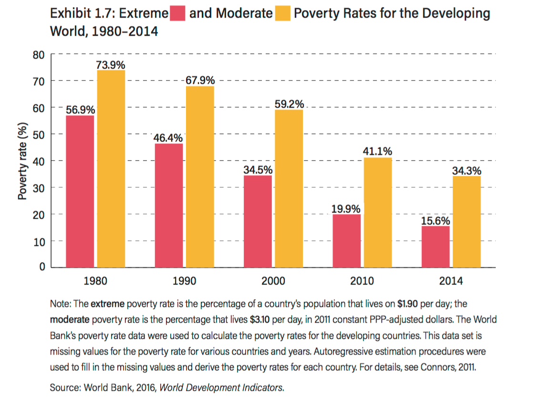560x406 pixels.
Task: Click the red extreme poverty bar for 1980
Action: pos(80,191)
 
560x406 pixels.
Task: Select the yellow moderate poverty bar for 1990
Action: pos(200,177)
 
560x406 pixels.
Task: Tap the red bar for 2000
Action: pos(258,221)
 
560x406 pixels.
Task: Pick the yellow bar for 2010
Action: pos(378,213)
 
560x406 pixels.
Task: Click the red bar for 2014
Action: pos(436,246)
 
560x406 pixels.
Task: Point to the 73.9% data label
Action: pos(111,64)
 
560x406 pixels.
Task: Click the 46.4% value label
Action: pos(168,138)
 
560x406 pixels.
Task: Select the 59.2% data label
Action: pos(289,104)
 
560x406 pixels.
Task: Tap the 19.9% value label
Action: pos(346,209)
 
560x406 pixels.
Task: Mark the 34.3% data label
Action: pos(467,171)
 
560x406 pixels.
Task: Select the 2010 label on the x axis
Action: pos(362,281)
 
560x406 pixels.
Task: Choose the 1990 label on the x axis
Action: pos(184,281)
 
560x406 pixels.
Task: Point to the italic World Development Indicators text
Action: pos(221,387)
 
